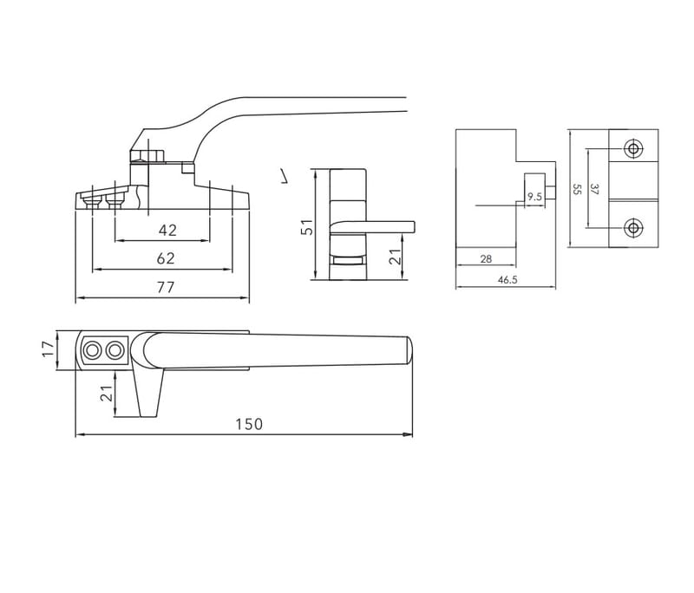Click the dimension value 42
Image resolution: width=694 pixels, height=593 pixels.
[x=167, y=231]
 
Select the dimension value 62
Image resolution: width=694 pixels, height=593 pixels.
[x=166, y=258]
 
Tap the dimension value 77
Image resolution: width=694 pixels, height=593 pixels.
[x=166, y=288]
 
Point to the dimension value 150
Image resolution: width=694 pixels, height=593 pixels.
[x=249, y=425]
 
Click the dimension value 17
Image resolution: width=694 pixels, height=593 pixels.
[x=49, y=349]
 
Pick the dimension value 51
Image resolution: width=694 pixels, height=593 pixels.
[x=307, y=227]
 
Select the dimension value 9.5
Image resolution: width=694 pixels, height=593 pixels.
[x=534, y=197]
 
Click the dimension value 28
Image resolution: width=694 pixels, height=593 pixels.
[x=486, y=259]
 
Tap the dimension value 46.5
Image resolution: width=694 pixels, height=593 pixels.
[x=507, y=280]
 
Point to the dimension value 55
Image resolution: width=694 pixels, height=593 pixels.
[x=576, y=189]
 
